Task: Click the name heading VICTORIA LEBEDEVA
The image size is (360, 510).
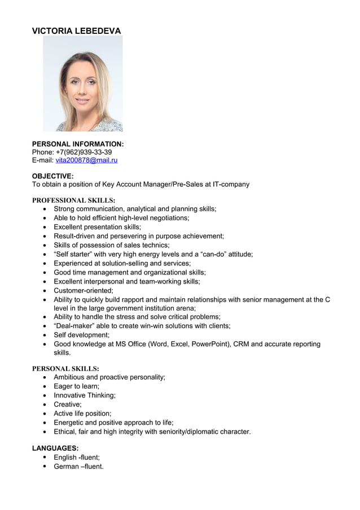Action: [x=76, y=31]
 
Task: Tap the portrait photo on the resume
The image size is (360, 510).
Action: [x=83, y=84]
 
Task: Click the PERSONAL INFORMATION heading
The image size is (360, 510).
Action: [x=78, y=144]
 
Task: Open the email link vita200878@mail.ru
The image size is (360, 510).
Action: [x=86, y=161]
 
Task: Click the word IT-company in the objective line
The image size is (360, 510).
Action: [x=229, y=184]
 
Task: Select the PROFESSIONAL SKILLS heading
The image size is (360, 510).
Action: [x=73, y=200]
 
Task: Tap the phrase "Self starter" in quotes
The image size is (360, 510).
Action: [x=76, y=254]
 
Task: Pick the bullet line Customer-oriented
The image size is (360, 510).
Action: [x=83, y=290]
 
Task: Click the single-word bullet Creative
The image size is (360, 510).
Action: [x=67, y=404]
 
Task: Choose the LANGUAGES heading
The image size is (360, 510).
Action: [x=55, y=448]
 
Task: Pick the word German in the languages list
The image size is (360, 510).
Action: [x=66, y=467]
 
